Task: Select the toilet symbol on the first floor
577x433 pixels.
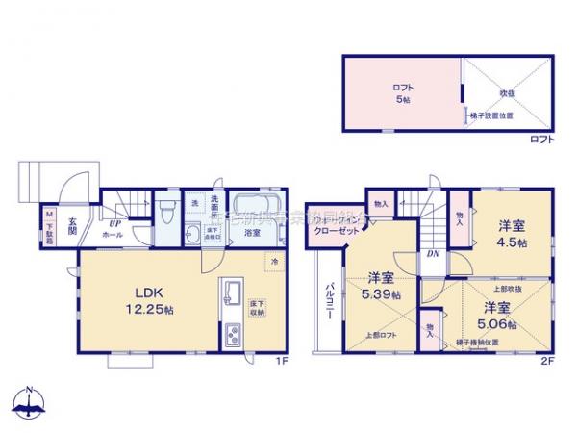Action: click(x=166, y=211)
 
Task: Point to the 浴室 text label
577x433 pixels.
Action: click(x=253, y=232)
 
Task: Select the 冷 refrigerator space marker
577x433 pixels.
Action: click(x=274, y=261)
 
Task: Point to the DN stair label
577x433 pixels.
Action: click(x=434, y=254)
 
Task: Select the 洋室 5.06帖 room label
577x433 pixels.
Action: click(x=497, y=315)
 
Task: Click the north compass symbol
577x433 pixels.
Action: click(x=29, y=402)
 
